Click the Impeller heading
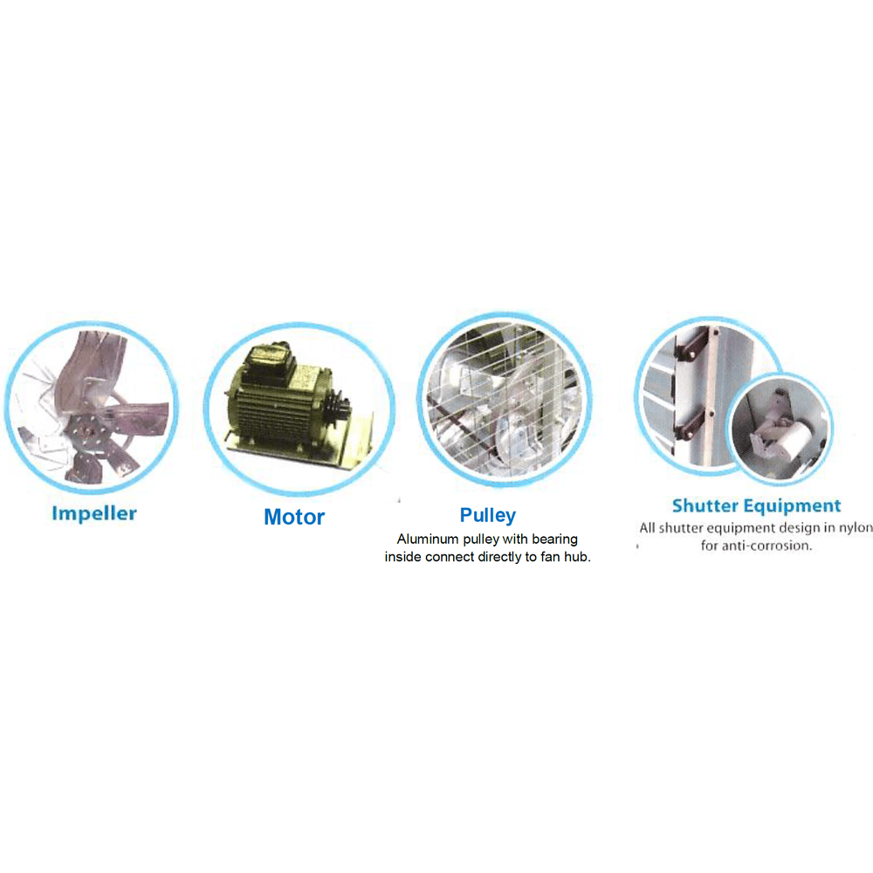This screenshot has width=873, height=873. coord(94,513)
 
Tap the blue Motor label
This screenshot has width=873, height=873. coord(294,517)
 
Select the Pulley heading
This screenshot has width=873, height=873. coord(487,515)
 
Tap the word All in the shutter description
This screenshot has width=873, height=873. coord(647,528)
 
